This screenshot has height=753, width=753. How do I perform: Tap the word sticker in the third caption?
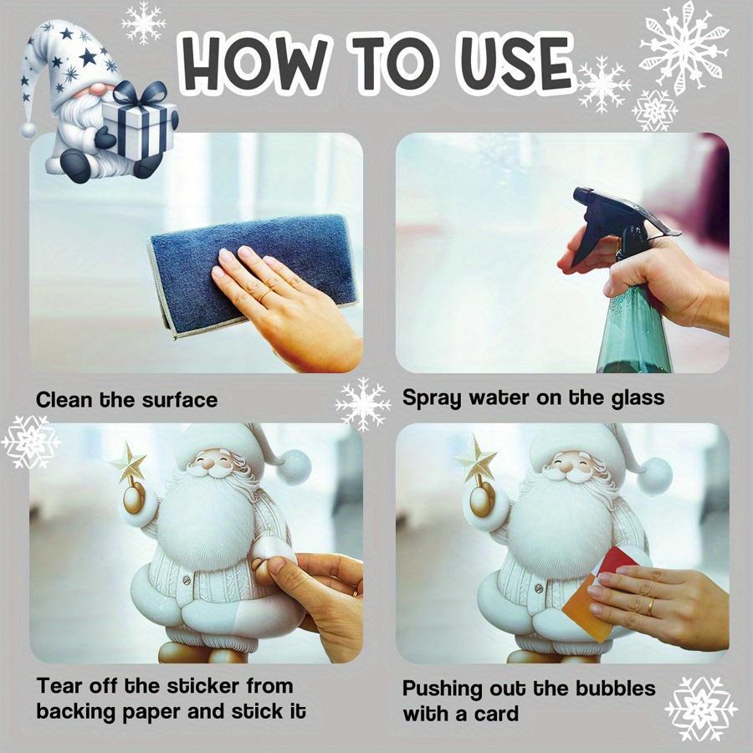tap(208, 687)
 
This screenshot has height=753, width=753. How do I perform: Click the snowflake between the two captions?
tap(363, 404)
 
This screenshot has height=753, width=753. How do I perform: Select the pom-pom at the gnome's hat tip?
tap(29, 130)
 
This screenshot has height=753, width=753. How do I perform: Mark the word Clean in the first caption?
tap(64, 400)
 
